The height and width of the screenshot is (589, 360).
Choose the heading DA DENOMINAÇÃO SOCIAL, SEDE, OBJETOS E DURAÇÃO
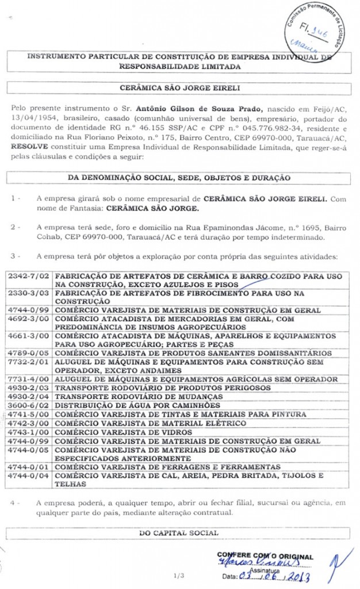pyautogui.click(x=179, y=178)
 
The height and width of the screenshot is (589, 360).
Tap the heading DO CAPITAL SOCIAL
pyautogui.click(x=179, y=533)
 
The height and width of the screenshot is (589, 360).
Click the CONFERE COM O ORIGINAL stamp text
pyautogui.click(x=265, y=556)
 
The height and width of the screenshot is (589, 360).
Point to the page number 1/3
pyautogui.click(x=179, y=575)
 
